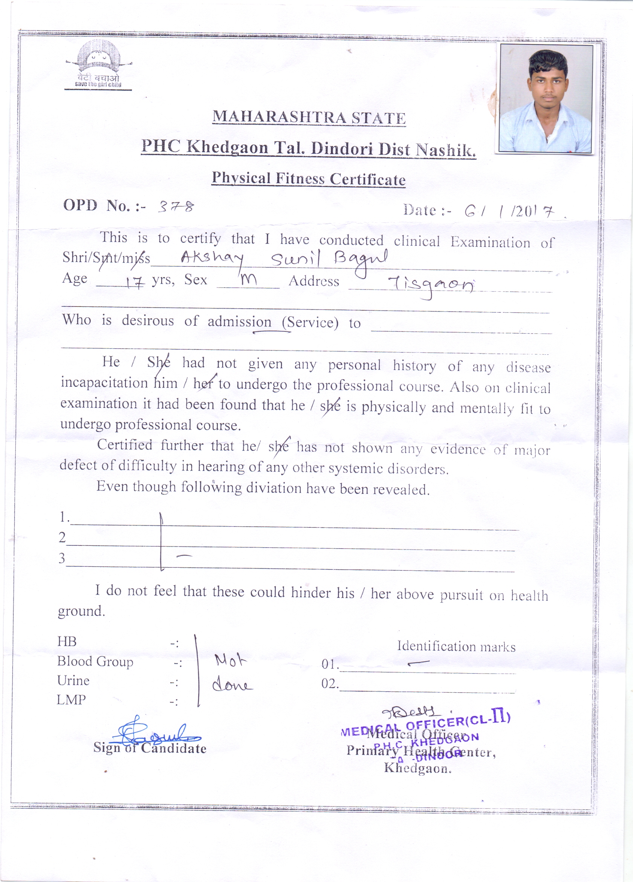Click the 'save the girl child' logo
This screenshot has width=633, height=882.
[98, 65]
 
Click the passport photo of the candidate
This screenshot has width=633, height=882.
[546, 98]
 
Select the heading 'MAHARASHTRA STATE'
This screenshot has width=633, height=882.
[309, 118]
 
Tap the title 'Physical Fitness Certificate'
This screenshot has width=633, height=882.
[308, 179]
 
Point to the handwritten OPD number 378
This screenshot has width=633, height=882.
[175, 206]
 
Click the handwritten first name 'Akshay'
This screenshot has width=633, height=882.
[212, 258]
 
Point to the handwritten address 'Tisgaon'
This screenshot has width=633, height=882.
[431, 286]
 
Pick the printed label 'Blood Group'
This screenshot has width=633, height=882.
[95, 661]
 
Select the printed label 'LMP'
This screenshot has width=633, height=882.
[71, 700]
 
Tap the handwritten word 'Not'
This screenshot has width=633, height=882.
[231, 660]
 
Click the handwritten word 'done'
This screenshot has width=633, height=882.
[232, 685]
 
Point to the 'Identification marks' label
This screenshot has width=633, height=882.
[456, 646]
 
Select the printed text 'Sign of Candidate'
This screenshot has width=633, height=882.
[150, 748]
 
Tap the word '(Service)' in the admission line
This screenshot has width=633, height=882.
[310, 322]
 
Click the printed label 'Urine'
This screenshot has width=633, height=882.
[73, 680]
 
